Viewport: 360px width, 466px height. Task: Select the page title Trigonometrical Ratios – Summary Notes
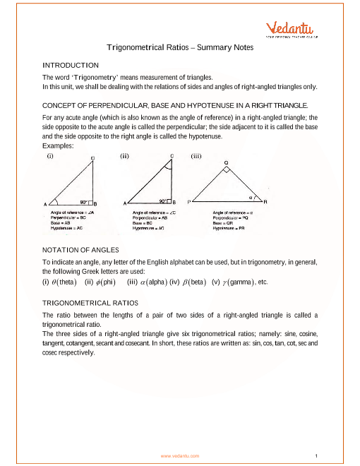pos(179,47)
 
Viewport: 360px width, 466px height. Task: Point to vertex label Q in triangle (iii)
pos(227,162)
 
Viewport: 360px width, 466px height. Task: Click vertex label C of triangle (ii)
pos(172,156)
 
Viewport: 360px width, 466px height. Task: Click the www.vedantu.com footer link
pos(179,456)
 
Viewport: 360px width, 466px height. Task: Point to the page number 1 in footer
pos(318,456)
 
